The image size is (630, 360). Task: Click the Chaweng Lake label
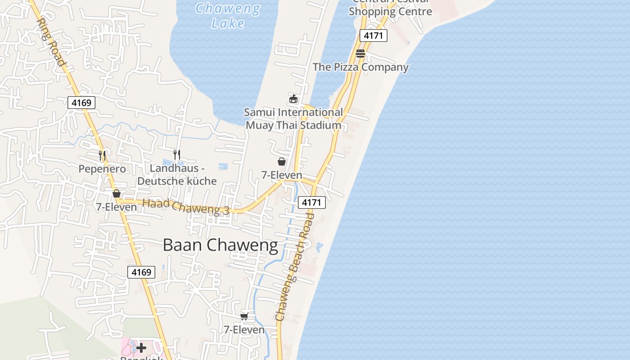pos(228,15)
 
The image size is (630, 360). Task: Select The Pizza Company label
pos(360,67)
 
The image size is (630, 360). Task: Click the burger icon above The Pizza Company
pos(360,54)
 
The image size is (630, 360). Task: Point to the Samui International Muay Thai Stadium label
pos(293,119)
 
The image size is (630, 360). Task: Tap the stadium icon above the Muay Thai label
pos(293,99)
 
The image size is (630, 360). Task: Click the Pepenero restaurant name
pos(102,169)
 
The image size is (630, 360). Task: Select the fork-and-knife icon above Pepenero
pos(102,155)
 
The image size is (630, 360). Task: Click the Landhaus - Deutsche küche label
pos(177,175)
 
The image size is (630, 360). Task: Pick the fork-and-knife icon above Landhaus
pos(177,154)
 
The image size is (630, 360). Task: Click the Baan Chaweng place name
pos(220,245)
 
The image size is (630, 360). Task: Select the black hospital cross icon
pos(141,348)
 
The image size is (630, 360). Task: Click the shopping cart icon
pos(244,316)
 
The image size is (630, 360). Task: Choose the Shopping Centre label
pos(390,11)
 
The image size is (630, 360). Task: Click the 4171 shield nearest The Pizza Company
pos(373,36)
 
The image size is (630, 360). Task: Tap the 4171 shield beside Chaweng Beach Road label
pos(311,202)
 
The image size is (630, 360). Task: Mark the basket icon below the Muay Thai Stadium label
pos(282,161)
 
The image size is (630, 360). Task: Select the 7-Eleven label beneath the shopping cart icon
pos(244,330)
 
